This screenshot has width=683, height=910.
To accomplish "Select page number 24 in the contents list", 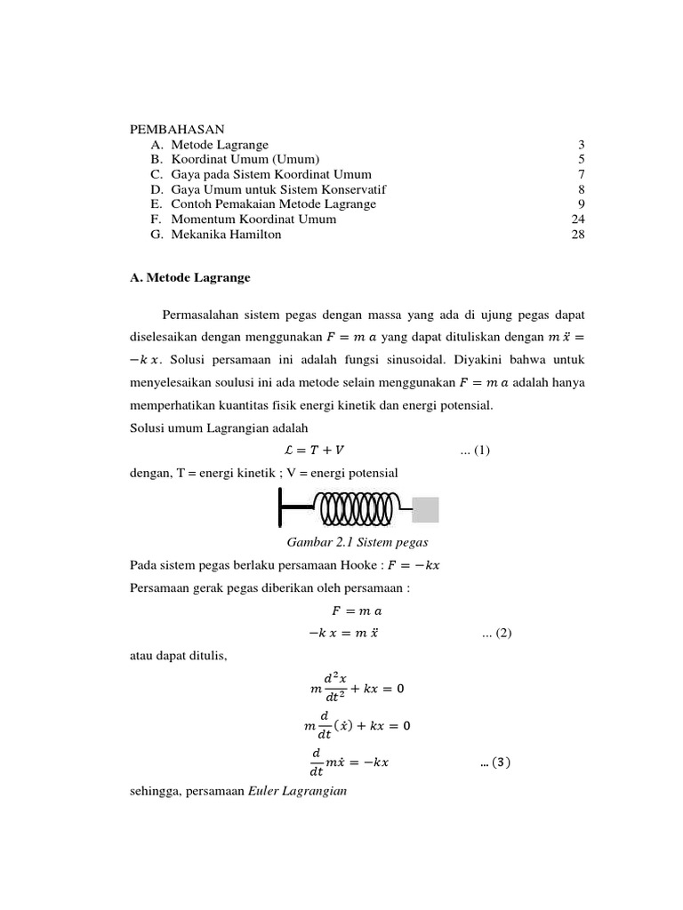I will click(x=577, y=219).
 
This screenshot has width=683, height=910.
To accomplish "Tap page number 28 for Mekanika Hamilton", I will click(x=577, y=234).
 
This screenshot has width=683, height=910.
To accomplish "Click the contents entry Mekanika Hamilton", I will click(x=227, y=234).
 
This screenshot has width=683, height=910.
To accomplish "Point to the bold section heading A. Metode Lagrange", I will click(x=190, y=278).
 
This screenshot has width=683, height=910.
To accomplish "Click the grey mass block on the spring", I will click(x=425, y=510).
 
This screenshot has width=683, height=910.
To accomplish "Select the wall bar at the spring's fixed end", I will click(x=281, y=510).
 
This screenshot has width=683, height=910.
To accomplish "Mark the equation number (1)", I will click(x=475, y=451).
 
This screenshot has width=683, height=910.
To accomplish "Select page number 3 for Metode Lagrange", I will click(x=581, y=144).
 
